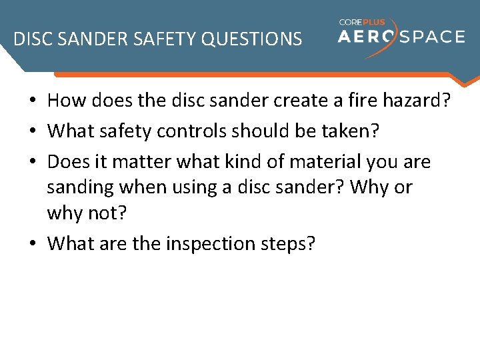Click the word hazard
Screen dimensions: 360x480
[419, 101]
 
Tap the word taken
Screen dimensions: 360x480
[351, 131]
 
